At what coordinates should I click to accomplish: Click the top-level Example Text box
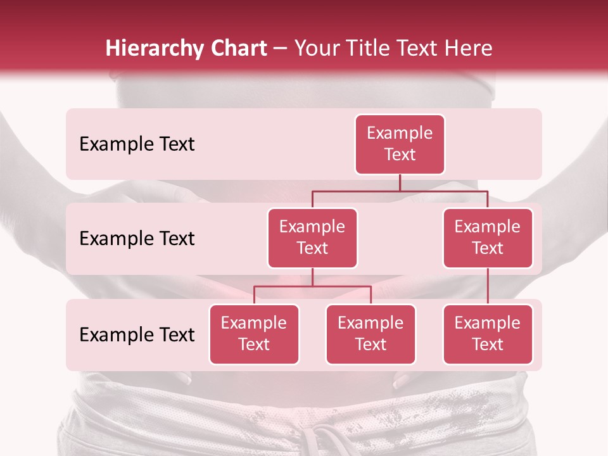400,144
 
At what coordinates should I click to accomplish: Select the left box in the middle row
312,238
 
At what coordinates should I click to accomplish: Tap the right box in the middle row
488,238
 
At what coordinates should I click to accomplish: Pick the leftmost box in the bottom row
254,334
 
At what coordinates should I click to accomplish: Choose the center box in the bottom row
370,334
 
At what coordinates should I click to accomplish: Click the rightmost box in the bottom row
488,334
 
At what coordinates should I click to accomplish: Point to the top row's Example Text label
137,144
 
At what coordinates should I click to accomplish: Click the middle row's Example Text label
137,239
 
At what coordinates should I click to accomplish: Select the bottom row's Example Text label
137,334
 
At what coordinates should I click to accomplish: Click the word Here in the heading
468,48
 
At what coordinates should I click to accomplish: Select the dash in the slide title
281,49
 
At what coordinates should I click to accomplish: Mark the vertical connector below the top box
400,182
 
